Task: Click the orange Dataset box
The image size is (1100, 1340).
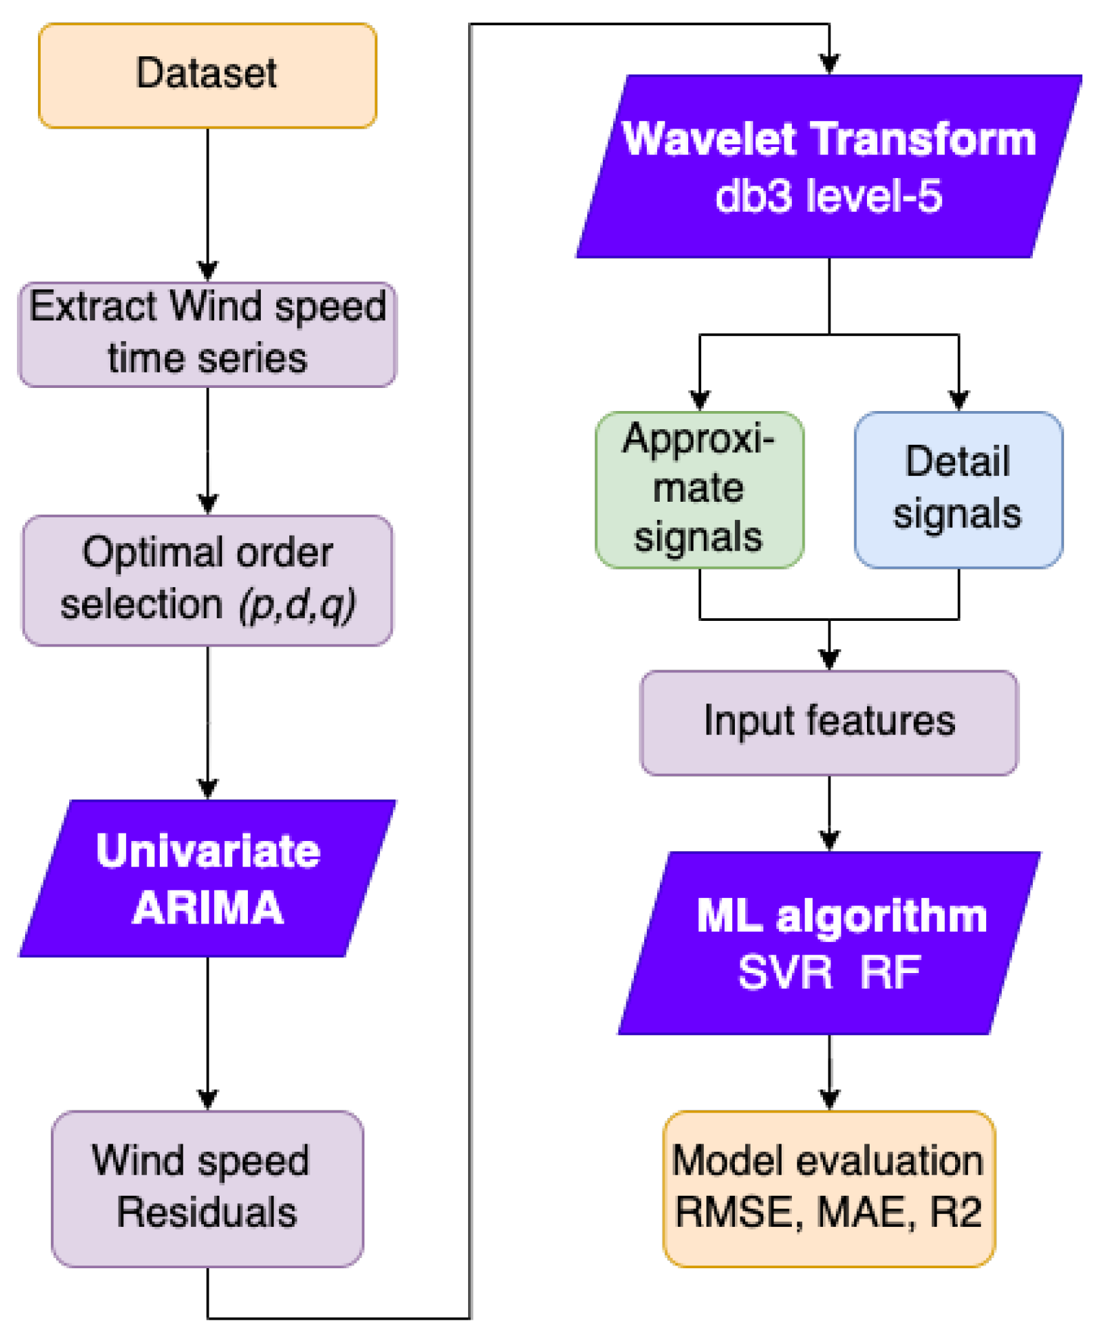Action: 207,75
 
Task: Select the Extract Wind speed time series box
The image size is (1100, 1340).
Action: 207,334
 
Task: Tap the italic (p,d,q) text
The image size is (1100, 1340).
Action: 297,604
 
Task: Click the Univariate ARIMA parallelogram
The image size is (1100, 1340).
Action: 207,878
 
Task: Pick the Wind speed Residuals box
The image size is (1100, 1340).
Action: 207,1188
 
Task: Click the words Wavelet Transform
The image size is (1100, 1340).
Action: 829,139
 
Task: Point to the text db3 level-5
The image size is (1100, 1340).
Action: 829,197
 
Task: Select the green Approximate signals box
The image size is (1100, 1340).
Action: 700,490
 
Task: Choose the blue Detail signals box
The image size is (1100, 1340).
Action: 958,490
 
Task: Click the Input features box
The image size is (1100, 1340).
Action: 829,722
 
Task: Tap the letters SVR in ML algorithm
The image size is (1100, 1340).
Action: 785,973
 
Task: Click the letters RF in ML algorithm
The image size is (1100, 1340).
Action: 890,973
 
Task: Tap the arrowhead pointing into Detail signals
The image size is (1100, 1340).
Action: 959,401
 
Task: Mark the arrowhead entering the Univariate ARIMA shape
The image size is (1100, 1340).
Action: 208,789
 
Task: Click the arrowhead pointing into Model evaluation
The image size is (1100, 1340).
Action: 830,1098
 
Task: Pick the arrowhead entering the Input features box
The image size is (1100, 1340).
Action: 830,659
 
